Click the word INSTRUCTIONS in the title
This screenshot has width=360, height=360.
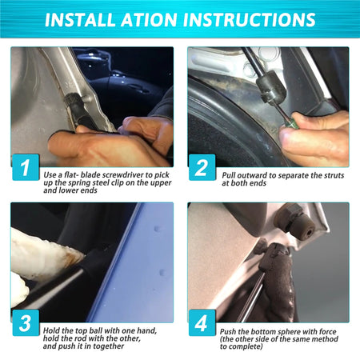[253, 19]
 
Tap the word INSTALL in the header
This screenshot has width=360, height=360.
[80, 19]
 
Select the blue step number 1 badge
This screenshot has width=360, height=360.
[26, 167]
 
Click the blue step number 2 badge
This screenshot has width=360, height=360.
[202, 167]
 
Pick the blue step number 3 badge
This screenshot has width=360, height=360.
[26, 323]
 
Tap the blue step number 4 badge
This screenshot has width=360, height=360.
[202, 323]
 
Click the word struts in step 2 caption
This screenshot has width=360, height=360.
[334, 175]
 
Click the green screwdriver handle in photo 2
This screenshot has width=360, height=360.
[290, 123]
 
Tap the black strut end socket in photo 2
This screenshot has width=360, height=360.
[270, 87]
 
